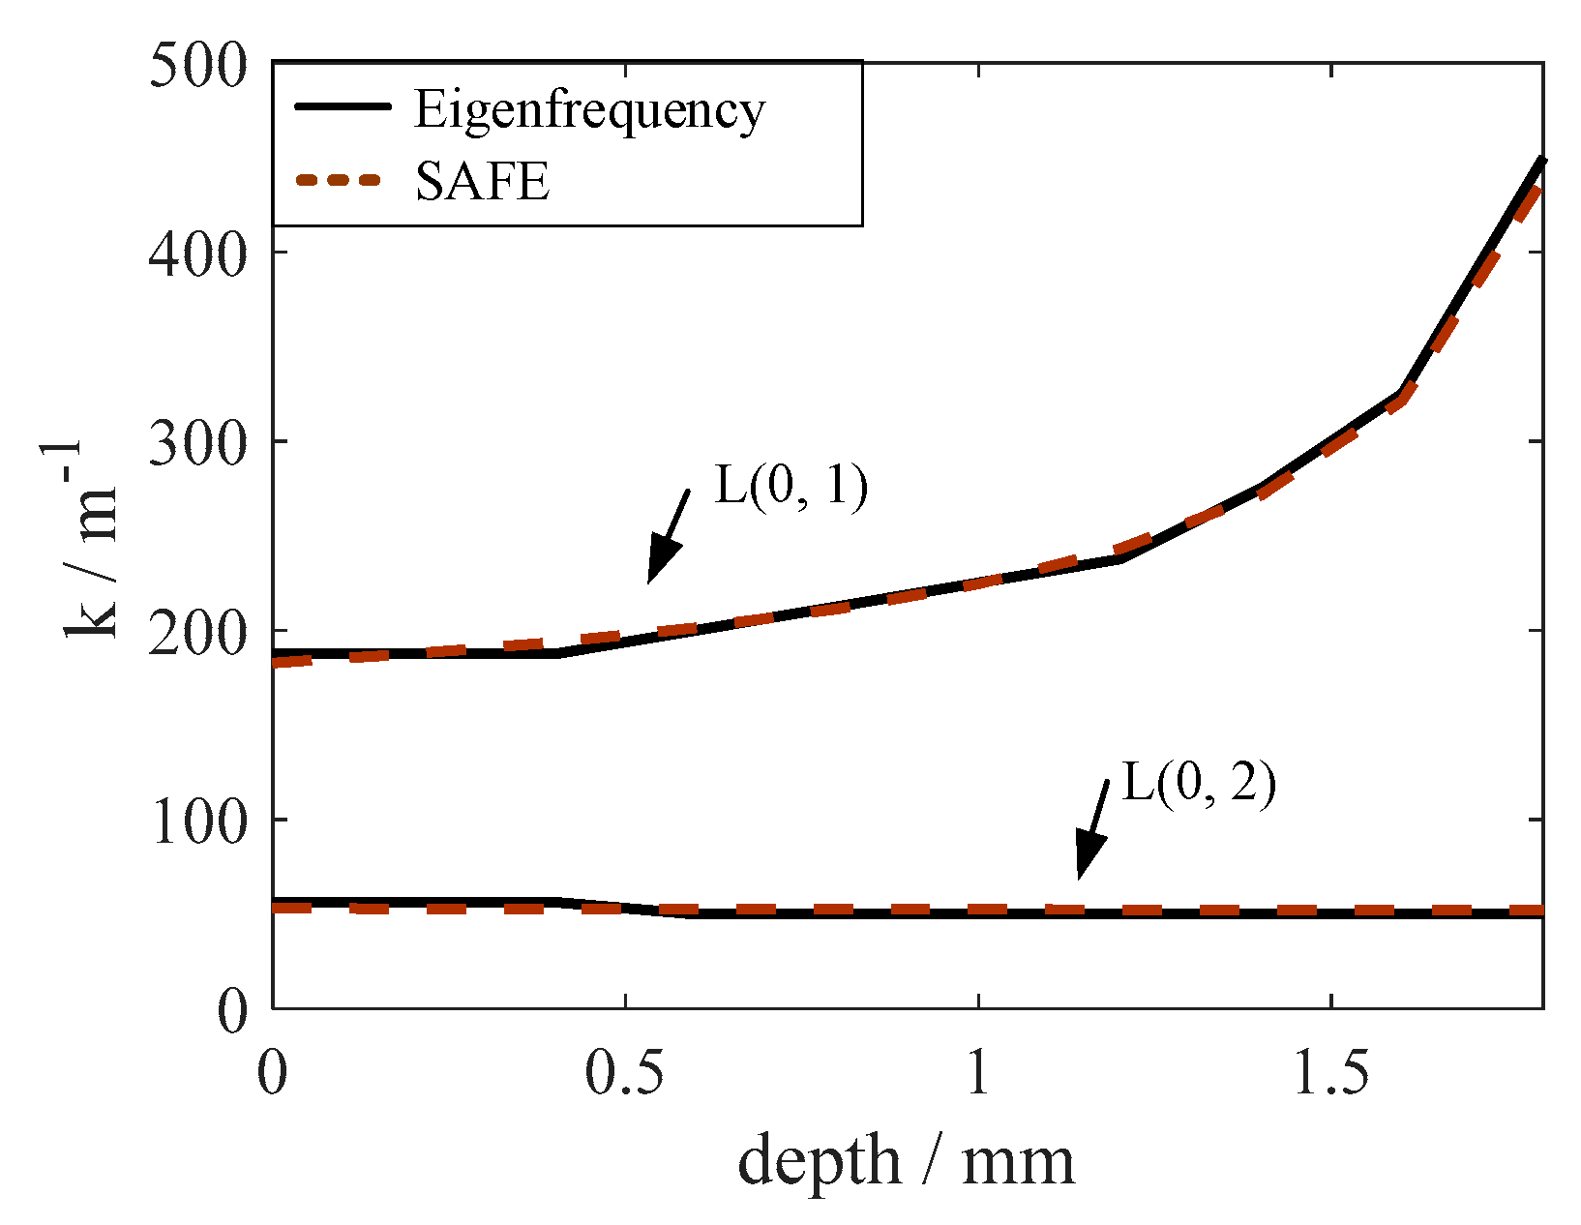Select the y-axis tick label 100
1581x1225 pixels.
197,823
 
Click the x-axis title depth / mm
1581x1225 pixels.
906,1160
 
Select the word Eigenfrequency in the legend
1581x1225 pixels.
589,109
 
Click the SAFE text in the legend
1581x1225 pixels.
482,181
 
